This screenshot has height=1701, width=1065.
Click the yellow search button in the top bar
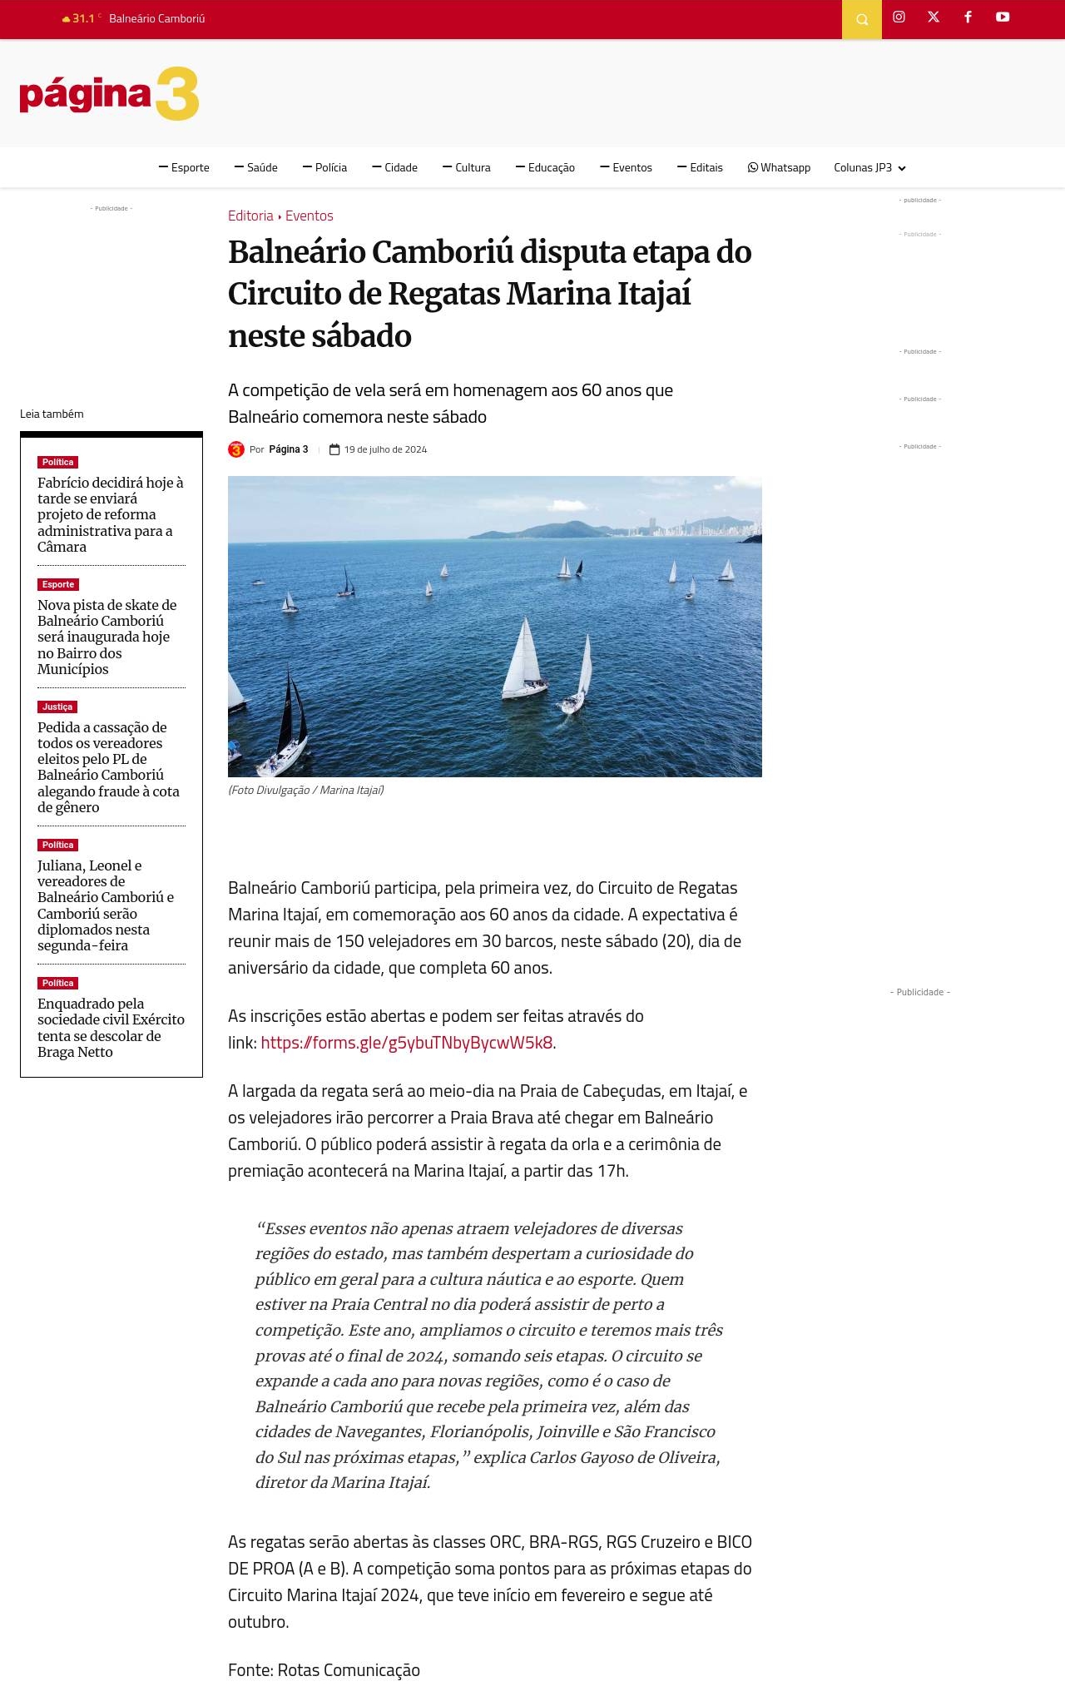[862, 19]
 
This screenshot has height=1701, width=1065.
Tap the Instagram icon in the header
[899, 17]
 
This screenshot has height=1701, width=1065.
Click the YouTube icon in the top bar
[1003, 17]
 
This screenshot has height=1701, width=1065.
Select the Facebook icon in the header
[968, 17]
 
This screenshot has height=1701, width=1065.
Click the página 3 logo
[109, 94]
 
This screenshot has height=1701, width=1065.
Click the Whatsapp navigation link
[779, 168]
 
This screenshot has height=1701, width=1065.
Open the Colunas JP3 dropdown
[869, 168]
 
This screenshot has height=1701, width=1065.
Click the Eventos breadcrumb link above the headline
[309, 216]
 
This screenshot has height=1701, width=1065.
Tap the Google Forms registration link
[407, 1043]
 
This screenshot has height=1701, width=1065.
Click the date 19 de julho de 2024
[385, 450]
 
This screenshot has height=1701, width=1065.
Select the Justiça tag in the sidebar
[57, 707]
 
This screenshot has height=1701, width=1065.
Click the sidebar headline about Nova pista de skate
[106, 637]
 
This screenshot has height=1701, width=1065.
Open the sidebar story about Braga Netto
[111, 1028]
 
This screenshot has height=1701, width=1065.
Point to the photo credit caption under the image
[306, 791]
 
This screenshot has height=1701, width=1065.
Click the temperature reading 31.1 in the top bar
[82, 18]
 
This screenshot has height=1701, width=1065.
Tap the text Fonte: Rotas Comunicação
[324, 1670]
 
